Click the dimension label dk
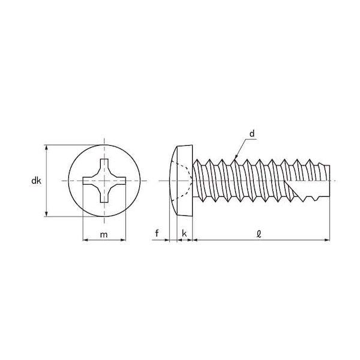pos(36,181)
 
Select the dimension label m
pos(104,235)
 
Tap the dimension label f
pos(157,233)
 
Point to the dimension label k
pos(184,233)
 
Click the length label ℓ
pos(259,234)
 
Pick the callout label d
pos(252,134)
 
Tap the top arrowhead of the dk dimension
pos(47,148)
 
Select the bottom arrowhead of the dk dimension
pos(47,214)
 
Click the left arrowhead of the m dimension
pos(85,240)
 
